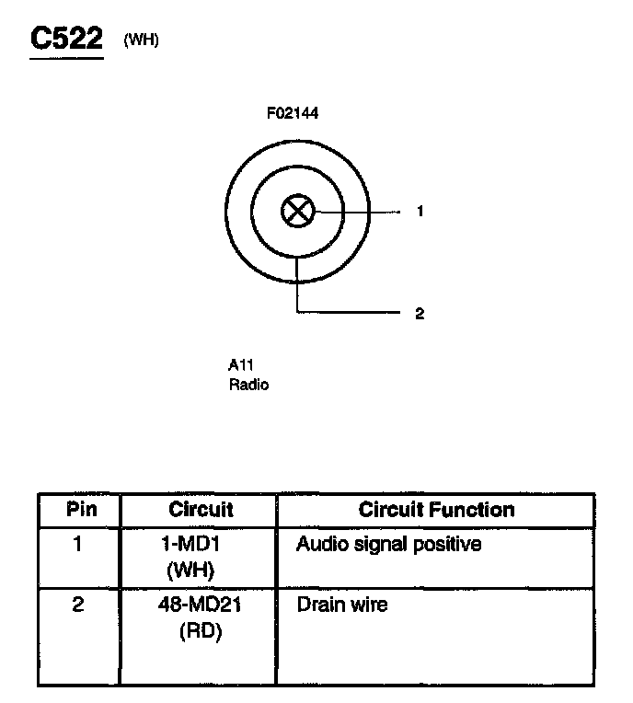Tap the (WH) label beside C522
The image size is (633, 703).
click(x=141, y=40)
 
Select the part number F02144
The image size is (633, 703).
click(x=293, y=113)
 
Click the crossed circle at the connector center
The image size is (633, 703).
click(x=297, y=211)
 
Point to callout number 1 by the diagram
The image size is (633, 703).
click(x=420, y=211)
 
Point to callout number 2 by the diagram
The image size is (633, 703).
click(x=420, y=314)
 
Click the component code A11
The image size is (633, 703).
click(x=241, y=364)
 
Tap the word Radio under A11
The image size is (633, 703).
click(x=248, y=385)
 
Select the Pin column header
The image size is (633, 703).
click(x=79, y=510)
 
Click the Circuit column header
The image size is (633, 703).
click(x=201, y=510)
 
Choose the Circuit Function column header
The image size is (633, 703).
click(x=436, y=510)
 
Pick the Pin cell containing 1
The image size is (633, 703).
click(x=78, y=545)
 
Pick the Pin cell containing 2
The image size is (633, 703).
click(x=78, y=605)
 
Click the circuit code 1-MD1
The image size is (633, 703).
click(x=196, y=545)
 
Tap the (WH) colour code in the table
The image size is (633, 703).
click(x=196, y=570)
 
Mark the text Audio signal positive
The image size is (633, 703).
click(x=388, y=545)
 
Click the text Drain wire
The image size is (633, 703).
click(x=341, y=605)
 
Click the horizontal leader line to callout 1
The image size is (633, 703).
click(x=359, y=211)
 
